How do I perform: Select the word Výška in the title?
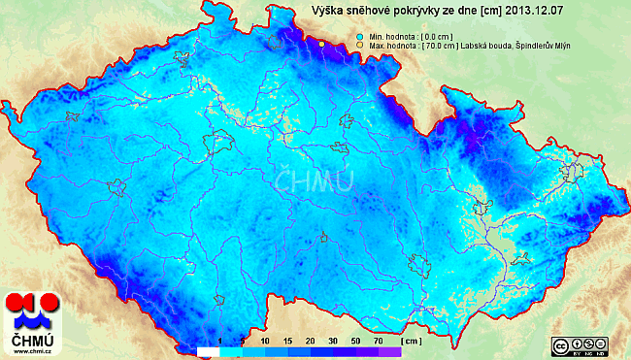328,11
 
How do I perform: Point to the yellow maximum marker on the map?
321,44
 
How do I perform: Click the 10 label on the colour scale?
265,342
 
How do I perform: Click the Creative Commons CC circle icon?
560,345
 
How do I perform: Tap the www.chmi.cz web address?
32,352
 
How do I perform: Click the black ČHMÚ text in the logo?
32,341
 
